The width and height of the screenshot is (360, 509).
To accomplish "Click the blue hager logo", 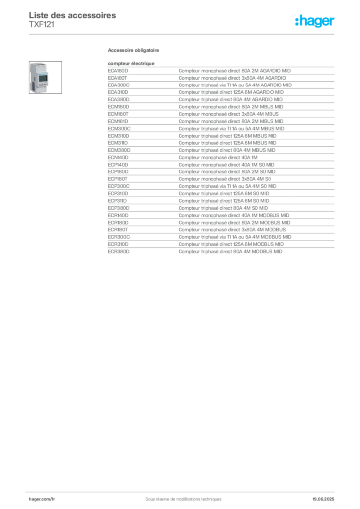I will (316, 21).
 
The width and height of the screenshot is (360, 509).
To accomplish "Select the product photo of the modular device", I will (38, 77).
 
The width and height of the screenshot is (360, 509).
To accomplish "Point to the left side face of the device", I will (32, 75).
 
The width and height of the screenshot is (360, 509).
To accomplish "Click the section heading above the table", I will (135, 51).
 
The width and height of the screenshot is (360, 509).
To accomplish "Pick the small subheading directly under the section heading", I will (130, 62).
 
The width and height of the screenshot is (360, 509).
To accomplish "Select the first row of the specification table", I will (221, 66).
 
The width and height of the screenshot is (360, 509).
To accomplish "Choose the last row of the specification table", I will (221, 252).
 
